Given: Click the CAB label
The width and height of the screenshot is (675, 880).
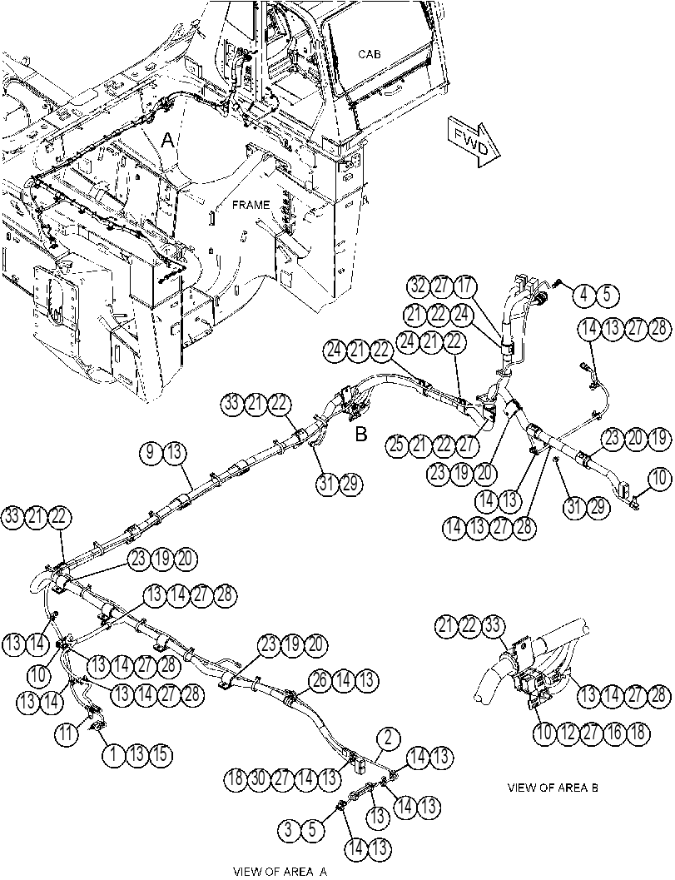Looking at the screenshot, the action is click(370, 54).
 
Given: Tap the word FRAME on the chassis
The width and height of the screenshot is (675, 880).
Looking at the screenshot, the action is click(251, 205).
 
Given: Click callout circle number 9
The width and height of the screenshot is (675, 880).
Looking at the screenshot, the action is click(151, 454).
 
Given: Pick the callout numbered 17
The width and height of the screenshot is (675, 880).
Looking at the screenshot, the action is click(464, 287).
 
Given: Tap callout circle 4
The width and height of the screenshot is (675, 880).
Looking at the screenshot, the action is click(584, 295).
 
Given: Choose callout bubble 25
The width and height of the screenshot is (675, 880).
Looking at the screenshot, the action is click(397, 445).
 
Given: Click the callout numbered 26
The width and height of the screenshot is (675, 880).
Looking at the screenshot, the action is click(320, 680).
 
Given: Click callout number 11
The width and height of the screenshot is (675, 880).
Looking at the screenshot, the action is click(67, 734).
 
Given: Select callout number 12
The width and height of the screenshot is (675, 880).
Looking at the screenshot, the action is click(568, 733).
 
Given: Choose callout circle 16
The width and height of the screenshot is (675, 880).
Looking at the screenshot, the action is click(616, 733).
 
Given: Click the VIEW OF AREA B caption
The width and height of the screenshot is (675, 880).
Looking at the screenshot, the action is click(553, 788).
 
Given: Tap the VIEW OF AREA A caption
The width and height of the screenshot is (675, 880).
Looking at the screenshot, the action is click(280, 871).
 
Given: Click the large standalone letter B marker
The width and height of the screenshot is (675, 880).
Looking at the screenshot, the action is click(361, 435).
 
